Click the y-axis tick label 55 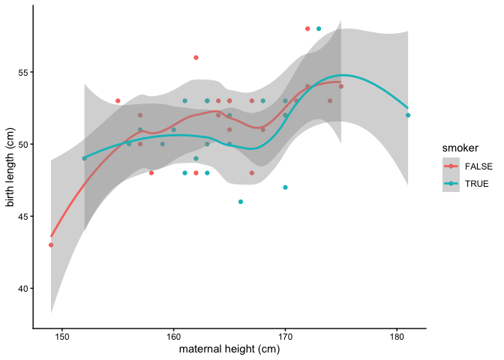pyautogui.click(x=23, y=72)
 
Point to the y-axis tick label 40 pyautogui.click(x=23, y=289)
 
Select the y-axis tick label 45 pyautogui.click(x=23, y=217)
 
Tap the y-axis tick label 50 pyautogui.click(x=23, y=144)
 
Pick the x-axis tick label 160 pyautogui.click(x=174, y=337)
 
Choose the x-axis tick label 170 pyautogui.click(x=285, y=337)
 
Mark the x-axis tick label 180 pyautogui.click(x=397, y=337)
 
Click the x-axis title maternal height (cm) pyautogui.click(x=229, y=349)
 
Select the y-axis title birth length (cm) pyautogui.click(x=10, y=166)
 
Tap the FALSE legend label pyautogui.click(x=479, y=166)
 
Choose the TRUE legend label pyautogui.click(x=477, y=184)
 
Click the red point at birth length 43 pyautogui.click(x=51, y=244)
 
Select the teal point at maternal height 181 pyautogui.click(x=408, y=115)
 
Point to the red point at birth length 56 pyautogui.click(x=196, y=58)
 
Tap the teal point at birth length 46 pyautogui.click(x=241, y=202)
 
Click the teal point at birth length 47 pyautogui.click(x=285, y=187)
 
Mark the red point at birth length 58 pyautogui.click(x=307, y=28)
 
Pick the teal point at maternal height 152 pyautogui.click(x=84, y=158)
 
